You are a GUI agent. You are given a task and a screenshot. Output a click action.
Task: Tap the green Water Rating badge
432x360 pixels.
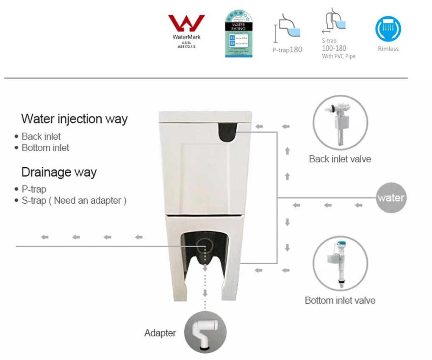(238, 34)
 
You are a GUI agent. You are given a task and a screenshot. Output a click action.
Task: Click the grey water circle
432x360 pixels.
(391, 198)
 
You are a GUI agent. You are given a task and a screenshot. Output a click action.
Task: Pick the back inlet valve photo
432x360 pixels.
(340, 122)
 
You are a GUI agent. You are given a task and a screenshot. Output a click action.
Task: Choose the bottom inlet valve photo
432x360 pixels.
(340, 263)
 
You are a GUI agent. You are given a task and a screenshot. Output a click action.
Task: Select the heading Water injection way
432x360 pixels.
(74, 119)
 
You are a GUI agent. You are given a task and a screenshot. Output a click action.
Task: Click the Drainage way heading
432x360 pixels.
(59, 172)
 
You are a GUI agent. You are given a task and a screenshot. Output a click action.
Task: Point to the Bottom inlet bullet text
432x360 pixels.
(45, 148)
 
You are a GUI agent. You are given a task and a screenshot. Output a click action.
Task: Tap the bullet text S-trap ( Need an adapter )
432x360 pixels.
(74, 200)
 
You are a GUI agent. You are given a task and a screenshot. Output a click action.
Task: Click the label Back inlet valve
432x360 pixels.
(340, 159)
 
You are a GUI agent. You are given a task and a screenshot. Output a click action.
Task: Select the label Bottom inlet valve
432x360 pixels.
(340, 301)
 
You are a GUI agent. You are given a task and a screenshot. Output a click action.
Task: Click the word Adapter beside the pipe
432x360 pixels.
(160, 333)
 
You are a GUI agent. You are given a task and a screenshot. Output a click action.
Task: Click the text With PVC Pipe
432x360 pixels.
(338, 56)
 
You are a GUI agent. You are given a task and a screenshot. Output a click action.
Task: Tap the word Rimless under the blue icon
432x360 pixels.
(388, 49)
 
